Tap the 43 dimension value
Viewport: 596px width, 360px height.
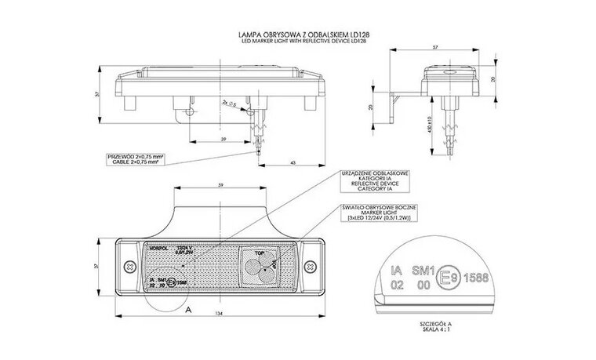pyautogui.click(x=293, y=162)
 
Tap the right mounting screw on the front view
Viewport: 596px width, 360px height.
pyautogui.click(x=312, y=267)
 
